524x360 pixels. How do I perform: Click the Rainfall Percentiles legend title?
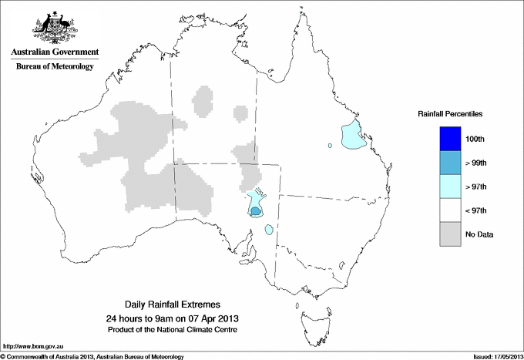(450, 113)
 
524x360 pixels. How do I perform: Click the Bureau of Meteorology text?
(54, 66)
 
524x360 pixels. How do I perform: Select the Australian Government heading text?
(54, 52)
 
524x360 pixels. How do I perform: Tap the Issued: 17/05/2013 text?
(492, 356)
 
